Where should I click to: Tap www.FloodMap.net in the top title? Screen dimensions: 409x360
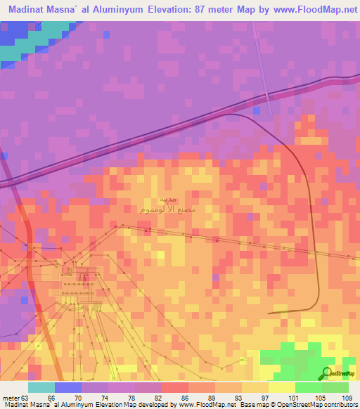(302, 10)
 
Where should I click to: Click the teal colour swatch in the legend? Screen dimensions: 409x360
(41, 387)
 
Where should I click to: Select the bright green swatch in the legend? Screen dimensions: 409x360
(308, 387)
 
